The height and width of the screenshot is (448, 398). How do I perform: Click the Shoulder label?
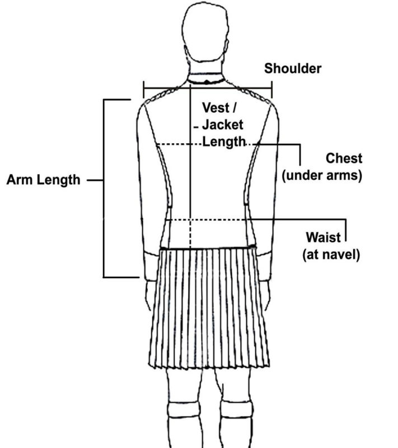(293, 69)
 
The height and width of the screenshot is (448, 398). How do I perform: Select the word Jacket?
(223, 125)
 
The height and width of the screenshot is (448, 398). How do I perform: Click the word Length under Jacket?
(224, 142)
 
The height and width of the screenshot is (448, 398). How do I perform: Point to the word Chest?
(344, 158)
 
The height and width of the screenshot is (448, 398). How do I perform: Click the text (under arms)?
(322, 175)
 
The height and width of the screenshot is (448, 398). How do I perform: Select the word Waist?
(324, 237)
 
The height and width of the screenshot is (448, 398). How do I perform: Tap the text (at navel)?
(331, 254)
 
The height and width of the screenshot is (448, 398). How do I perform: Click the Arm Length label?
(43, 180)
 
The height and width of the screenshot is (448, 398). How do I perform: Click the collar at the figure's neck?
(207, 78)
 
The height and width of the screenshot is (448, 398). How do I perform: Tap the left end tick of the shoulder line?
(144, 89)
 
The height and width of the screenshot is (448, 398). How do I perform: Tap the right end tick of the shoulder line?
(271, 89)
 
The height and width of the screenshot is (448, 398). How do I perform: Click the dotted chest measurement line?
(207, 144)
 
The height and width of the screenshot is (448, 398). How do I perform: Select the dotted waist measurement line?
(207, 220)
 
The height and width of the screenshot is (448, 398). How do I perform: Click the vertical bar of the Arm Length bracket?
(104, 188)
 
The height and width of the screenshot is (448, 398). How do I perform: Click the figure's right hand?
(264, 295)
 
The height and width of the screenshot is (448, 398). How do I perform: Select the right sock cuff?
(236, 409)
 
